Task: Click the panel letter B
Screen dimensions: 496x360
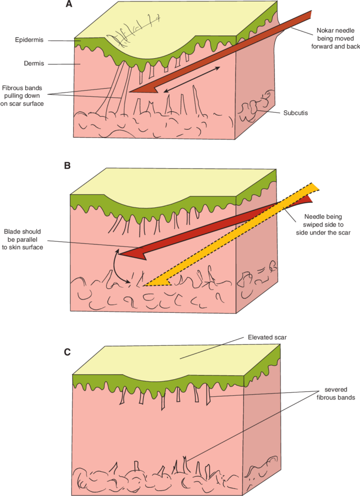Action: tap(68, 165)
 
